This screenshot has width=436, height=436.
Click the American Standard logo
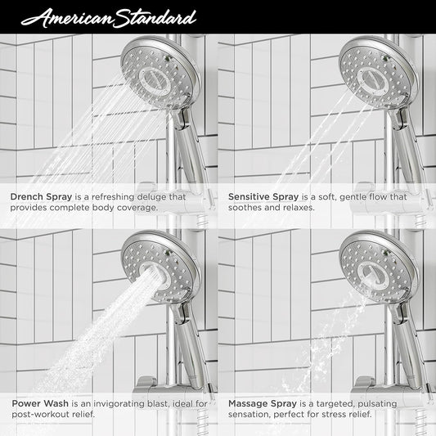109,18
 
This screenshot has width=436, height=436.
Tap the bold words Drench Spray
41,197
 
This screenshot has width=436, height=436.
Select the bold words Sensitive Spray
263,197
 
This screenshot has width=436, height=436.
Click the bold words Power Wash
40,403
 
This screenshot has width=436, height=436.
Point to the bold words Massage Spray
263,403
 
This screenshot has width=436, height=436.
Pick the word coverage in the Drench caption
137,208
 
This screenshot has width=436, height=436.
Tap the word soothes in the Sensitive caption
241,208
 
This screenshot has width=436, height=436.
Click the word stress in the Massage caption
334,414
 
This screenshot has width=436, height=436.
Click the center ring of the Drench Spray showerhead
155,82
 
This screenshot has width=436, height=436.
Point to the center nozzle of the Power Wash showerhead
155,276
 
